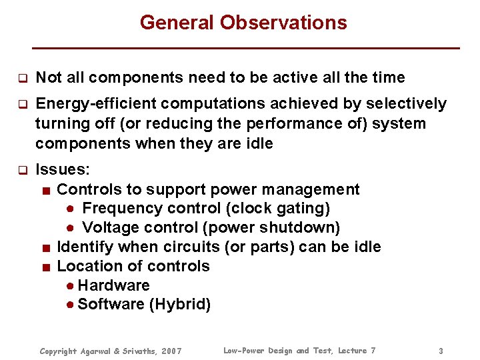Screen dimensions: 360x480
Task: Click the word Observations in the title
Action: tap(284, 23)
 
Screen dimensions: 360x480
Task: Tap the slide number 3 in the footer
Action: tap(441, 351)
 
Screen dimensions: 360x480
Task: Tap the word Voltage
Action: tap(109, 228)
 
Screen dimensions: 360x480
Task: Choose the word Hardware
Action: tap(113, 285)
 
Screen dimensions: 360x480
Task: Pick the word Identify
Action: tap(83, 247)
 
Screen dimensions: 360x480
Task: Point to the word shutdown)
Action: tap(307, 228)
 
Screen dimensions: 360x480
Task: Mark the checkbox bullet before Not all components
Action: tap(21, 78)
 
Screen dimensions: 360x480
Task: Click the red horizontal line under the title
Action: tap(247, 48)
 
